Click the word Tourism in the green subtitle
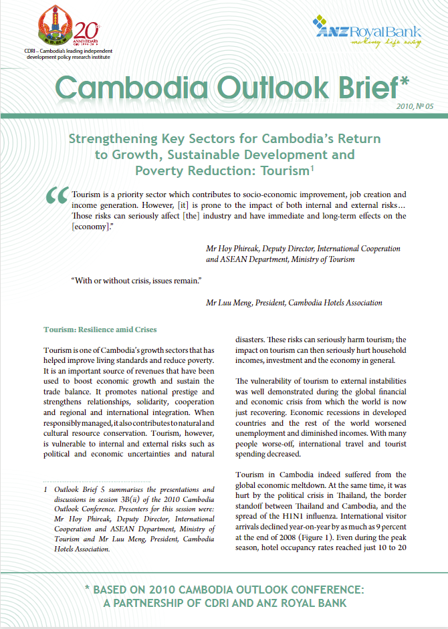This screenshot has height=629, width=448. (x=282, y=171)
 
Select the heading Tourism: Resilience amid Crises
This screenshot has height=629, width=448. (x=100, y=330)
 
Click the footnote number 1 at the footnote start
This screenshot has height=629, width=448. (x=45, y=489)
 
